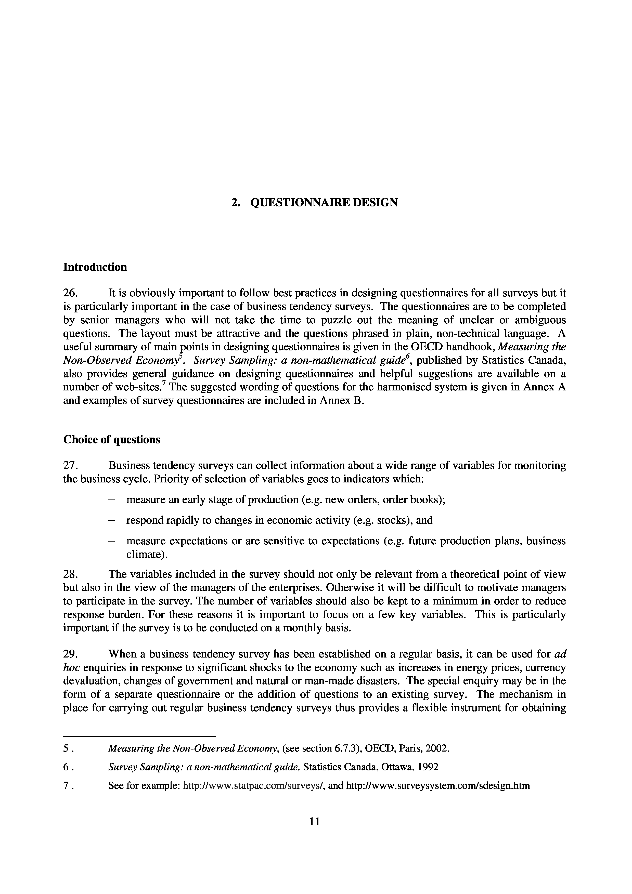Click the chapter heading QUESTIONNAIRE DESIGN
click(x=324, y=202)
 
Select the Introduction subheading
click(x=95, y=267)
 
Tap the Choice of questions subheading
click(x=112, y=440)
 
